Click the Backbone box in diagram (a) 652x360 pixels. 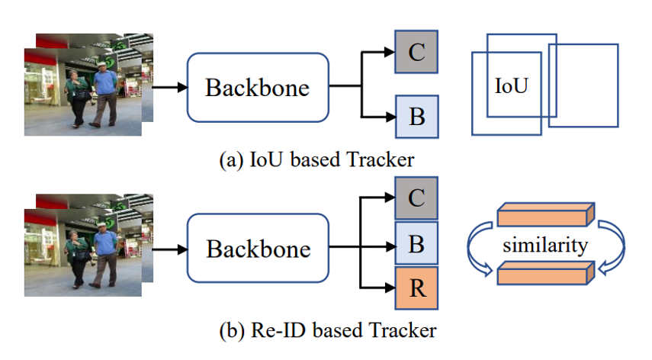pyautogui.click(x=258, y=87)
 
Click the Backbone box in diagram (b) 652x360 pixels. pyautogui.click(x=258, y=248)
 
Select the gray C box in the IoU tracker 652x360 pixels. pyautogui.click(x=416, y=52)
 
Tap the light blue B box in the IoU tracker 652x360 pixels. pyautogui.click(x=416, y=117)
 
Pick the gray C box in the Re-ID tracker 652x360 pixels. pyautogui.click(x=416, y=198)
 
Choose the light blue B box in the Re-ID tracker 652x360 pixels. pyautogui.click(x=416, y=243)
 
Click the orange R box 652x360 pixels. pyautogui.click(x=416, y=288)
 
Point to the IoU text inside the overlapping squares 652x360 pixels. pyautogui.click(x=511, y=86)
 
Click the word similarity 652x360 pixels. pyautogui.click(x=545, y=245)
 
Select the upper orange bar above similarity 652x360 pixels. pyautogui.click(x=546, y=214)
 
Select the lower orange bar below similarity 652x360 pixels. pyautogui.click(x=546, y=273)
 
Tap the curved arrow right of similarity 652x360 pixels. pyautogui.click(x=612, y=248)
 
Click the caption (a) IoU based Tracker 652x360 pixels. pyautogui.click(x=317, y=160)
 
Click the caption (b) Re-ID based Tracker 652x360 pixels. pyautogui.click(x=328, y=331)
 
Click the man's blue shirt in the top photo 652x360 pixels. pyautogui.click(x=105, y=82)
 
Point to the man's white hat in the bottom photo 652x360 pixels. pyautogui.click(x=102, y=224)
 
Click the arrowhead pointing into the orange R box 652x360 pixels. pyautogui.click(x=390, y=288)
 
